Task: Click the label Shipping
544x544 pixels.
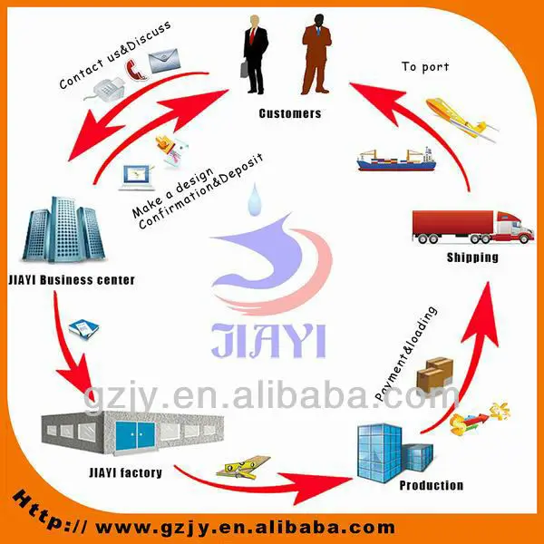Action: tap(473, 257)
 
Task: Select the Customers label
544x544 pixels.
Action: tap(289, 113)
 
